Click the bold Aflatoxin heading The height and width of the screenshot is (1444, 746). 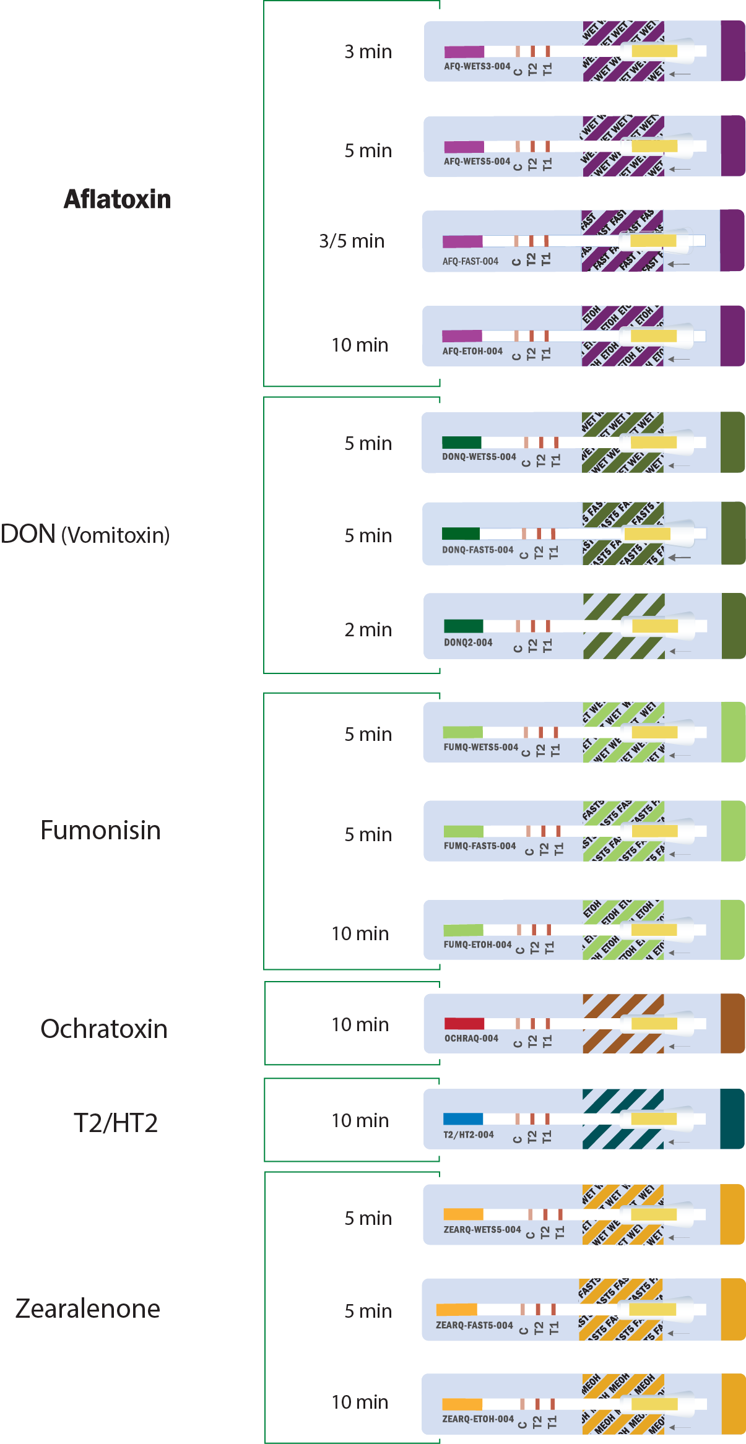117,199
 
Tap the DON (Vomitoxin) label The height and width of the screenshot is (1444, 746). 85,534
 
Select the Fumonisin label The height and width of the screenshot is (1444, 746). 100,830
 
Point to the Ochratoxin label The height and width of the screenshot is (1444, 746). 104,1029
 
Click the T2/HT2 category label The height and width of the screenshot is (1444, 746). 116,1123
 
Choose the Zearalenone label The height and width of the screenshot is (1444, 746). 88,1308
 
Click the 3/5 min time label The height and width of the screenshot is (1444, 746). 352,241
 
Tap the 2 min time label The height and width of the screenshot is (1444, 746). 368,629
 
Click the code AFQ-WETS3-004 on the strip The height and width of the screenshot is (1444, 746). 477,66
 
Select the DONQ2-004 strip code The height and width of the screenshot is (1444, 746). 468,642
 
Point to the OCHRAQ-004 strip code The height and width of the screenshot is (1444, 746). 471,1038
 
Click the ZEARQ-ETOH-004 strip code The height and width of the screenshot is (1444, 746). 478,1419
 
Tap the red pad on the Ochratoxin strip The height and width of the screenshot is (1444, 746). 464,1023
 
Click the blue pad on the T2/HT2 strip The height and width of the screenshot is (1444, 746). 463,1118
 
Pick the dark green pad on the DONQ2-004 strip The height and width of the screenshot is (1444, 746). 463,626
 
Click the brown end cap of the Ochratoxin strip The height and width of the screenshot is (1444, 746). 732,1023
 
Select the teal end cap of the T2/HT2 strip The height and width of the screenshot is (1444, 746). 732,1118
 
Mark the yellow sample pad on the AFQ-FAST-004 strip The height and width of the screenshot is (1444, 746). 653,241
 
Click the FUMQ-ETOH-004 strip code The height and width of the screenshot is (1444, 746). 477,945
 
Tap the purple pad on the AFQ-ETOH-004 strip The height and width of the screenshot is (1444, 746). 462,336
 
